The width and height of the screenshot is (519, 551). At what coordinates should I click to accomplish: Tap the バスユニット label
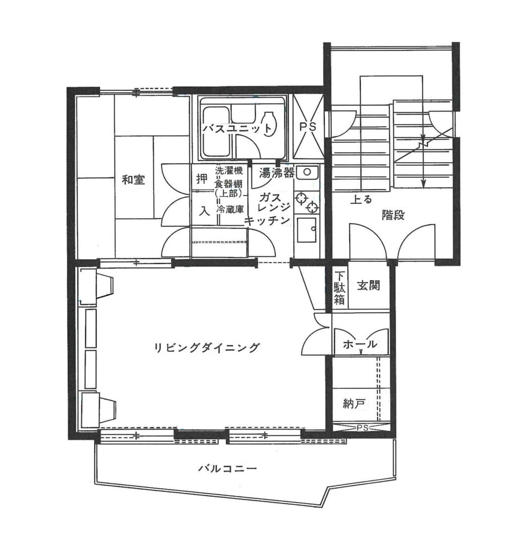pyautogui.click(x=237, y=129)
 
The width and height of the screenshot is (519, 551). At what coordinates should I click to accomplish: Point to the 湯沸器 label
pyautogui.click(x=277, y=173)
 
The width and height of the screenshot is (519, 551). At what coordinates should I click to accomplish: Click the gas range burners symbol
pyautogui.click(x=307, y=202)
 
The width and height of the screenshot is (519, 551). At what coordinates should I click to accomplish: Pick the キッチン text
pyautogui.click(x=267, y=221)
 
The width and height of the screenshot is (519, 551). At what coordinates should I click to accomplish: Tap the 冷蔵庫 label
pyautogui.click(x=230, y=208)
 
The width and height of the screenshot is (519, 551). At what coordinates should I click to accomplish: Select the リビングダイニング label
pyautogui.click(x=207, y=348)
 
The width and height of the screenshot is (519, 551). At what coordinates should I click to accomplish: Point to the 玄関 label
pyautogui.click(x=368, y=286)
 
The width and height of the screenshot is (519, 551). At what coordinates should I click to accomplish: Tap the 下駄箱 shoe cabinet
pyautogui.click(x=340, y=288)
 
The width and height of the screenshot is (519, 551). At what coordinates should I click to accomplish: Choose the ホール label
pyautogui.click(x=360, y=345)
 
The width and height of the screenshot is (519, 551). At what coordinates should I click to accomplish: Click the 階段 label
pyautogui.click(x=393, y=215)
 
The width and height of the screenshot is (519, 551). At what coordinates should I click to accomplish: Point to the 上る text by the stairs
pyautogui.click(x=361, y=199)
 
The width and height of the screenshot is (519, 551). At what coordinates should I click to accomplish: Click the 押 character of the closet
pyautogui.click(x=201, y=179)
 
